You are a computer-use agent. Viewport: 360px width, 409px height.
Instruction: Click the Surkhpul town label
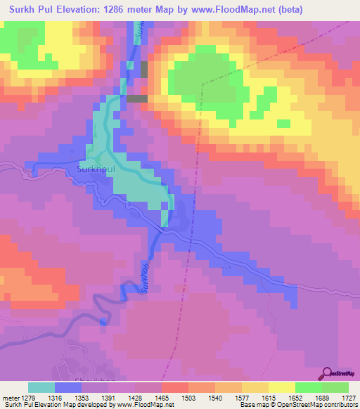point(94,169)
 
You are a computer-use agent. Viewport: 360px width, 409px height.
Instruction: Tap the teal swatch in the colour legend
point(41,387)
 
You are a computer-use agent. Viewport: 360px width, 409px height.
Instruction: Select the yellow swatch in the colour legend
point(281,387)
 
